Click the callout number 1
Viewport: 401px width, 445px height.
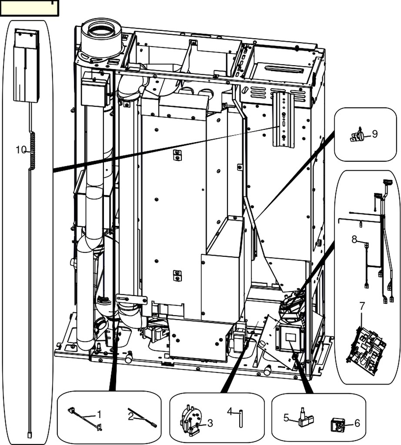tap(99, 414)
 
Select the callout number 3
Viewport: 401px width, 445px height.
tap(210, 422)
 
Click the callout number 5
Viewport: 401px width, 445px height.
tap(286, 418)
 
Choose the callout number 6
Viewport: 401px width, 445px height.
tap(358, 423)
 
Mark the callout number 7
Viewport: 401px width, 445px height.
tap(362, 306)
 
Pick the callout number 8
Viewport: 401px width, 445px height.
tap(354, 239)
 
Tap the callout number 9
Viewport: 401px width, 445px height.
tap(374, 133)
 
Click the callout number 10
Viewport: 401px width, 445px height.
tap(21, 150)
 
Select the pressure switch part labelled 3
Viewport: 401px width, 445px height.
tap(190, 421)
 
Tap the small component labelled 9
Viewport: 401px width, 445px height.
tap(358, 136)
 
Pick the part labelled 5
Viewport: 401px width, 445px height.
tap(304, 418)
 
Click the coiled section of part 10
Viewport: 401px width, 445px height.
tap(32, 150)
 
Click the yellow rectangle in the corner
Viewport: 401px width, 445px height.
tap(29, 8)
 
